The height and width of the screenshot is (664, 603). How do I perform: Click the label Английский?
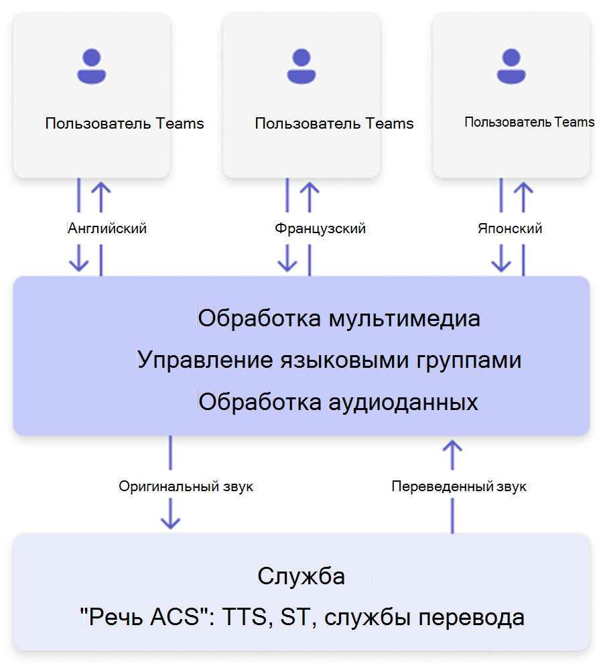[108, 228]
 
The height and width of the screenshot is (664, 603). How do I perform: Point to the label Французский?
[320, 228]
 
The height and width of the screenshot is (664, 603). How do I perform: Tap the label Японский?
[510, 228]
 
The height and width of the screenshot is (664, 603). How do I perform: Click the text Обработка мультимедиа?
[338, 318]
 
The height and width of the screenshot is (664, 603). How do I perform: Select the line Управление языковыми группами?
[330, 360]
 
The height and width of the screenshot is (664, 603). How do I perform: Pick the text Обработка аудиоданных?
[338, 402]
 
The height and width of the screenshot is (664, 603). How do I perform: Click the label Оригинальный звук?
[186, 486]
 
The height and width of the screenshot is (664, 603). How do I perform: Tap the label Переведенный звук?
[459, 486]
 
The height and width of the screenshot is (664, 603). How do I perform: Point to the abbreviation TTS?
[239, 617]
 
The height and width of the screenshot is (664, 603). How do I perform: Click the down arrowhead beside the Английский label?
[79, 262]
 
